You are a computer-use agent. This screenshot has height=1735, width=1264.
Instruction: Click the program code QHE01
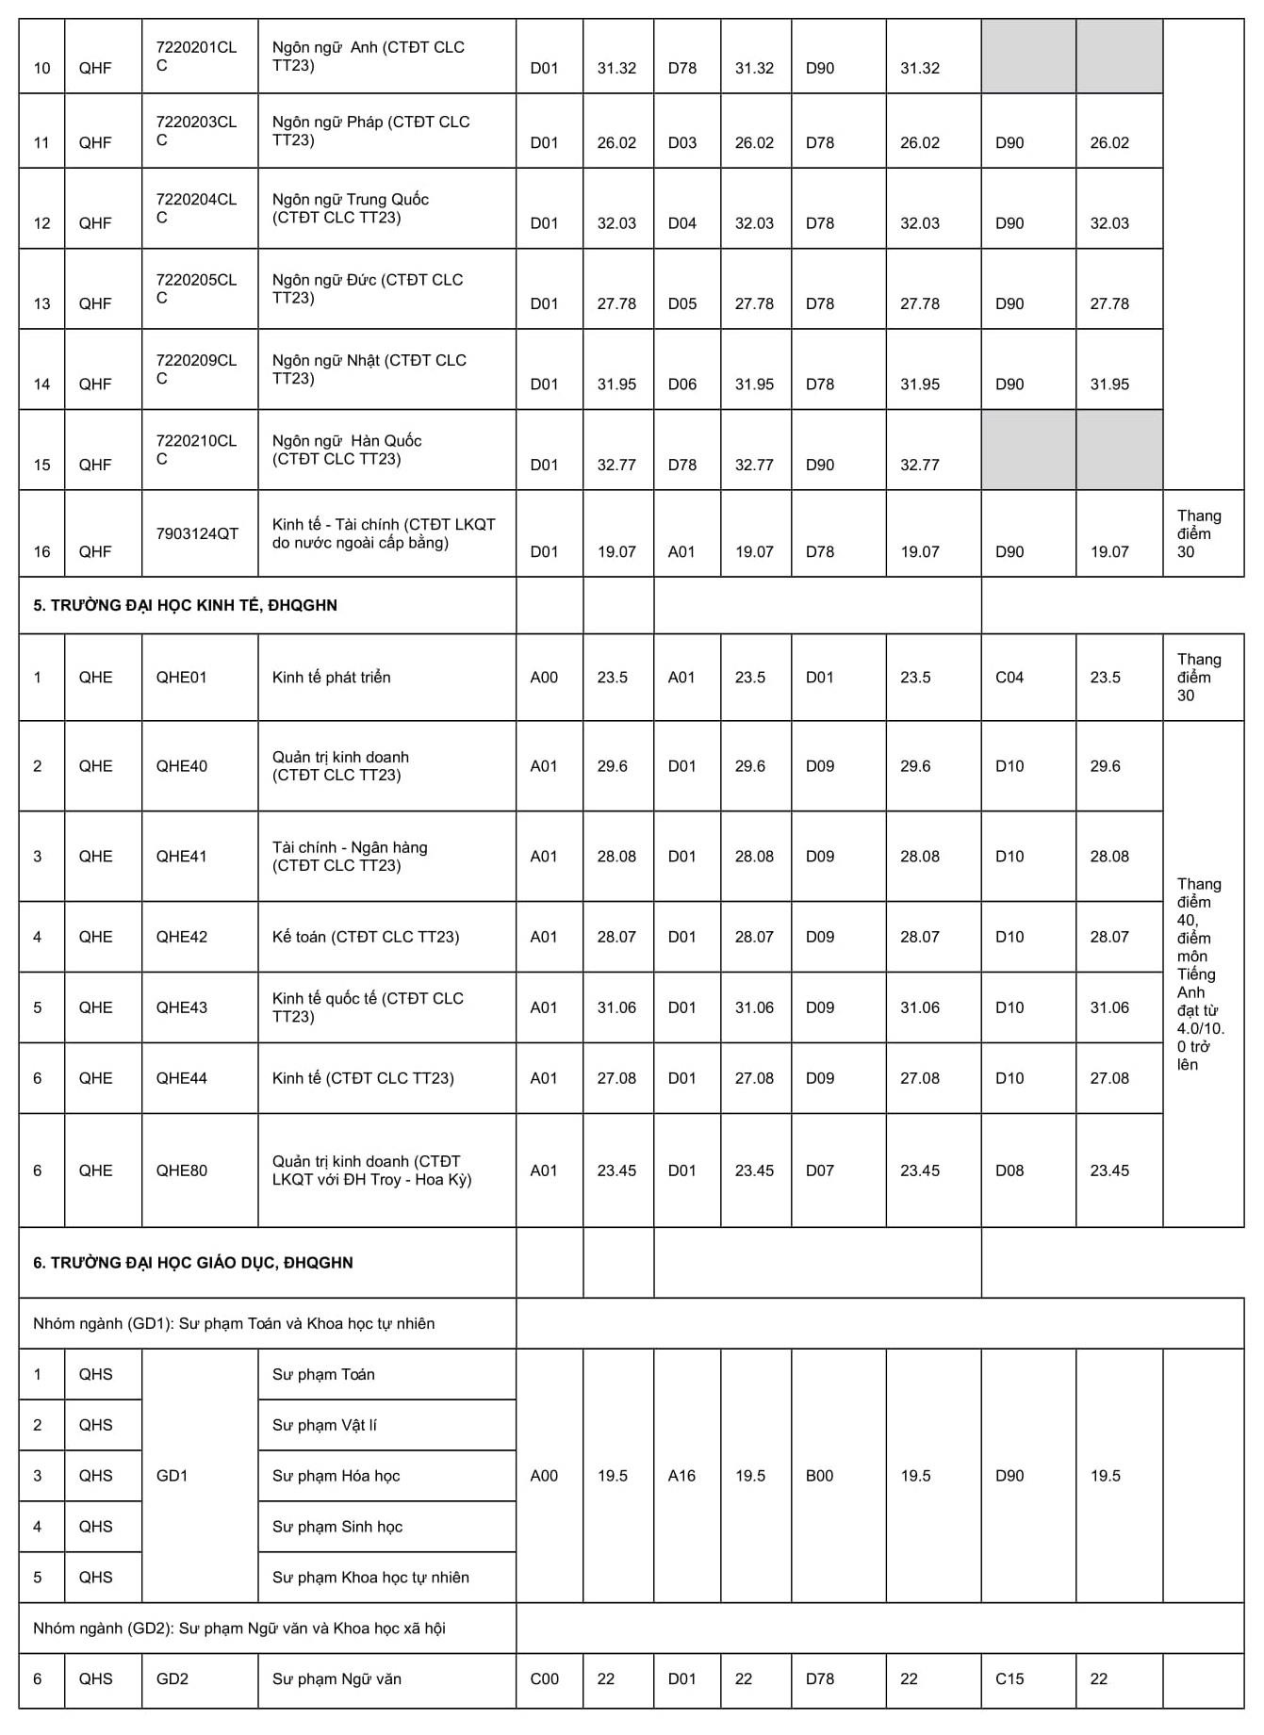coord(181,678)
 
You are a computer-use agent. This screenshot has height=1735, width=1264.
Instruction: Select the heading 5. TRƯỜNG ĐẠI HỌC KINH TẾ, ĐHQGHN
coord(185,605)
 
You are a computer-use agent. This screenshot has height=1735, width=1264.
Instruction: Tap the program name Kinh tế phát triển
coord(331,678)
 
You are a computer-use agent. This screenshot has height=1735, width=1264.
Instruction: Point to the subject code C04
coord(1009,678)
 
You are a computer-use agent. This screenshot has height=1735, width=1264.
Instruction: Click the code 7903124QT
coord(197,533)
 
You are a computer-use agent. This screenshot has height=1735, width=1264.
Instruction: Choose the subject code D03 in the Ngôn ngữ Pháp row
coord(681,143)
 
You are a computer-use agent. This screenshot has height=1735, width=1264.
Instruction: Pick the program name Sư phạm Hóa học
coord(336,1476)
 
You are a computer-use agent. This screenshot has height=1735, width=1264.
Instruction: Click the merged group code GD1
coord(172,1476)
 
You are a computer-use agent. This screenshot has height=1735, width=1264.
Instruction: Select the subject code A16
coord(681,1476)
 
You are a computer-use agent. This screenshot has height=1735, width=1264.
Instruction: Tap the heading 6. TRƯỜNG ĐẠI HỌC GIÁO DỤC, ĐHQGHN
coord(192,1263)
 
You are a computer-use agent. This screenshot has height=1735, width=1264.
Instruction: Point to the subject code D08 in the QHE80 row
coord(1009,1170)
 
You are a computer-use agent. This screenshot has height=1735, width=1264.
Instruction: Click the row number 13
coord(41,303)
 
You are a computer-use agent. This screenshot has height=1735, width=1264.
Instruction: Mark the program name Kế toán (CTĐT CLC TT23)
coord(365,937)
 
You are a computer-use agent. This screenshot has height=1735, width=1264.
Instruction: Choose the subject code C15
coord(1009,1679)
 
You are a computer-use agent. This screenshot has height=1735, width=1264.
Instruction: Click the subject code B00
coord(819,1476)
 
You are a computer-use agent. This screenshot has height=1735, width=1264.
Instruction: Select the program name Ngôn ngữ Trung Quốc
coord(350,208)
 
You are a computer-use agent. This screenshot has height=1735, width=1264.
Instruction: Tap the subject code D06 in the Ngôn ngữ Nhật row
coord(681,385)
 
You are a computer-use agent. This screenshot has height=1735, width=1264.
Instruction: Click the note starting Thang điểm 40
coord(1199,974)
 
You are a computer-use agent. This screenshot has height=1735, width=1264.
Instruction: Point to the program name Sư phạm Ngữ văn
coord(337,1679)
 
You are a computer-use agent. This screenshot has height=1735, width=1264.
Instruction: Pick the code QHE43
coord(181,1007)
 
